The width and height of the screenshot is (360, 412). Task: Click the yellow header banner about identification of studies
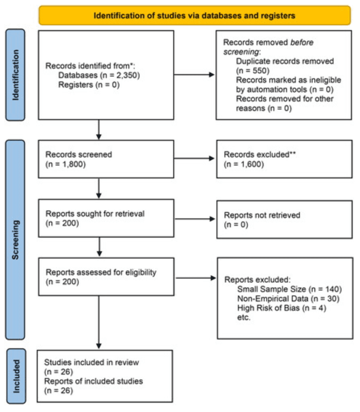pos(194,16)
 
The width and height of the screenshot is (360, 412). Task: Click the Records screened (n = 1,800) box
pos(106,159)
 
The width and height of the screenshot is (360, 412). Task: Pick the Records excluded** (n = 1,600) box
pos(284,159)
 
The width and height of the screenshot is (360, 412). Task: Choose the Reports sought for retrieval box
pos(106,218)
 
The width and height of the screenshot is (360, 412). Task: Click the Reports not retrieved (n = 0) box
pos(284,220)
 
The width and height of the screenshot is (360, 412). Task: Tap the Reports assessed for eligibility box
pos(106,277)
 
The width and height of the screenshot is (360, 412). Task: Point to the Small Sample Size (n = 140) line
pos(289,289)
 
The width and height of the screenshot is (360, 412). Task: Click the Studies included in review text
pos(91,363)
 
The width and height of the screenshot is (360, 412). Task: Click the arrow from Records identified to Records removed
pos(195,75)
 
